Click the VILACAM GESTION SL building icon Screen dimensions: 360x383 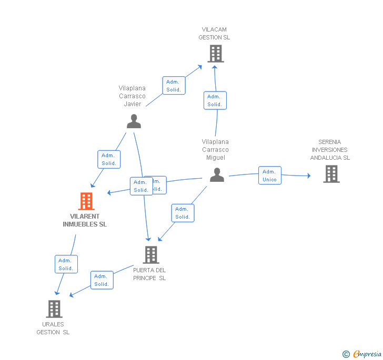click(x=215, y=54)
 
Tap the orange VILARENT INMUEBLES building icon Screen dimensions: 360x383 click(x=86, y=201)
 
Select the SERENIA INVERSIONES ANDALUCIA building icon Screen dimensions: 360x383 click(x=331, y=174)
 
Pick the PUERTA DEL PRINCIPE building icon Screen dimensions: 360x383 click(x=151, y=255)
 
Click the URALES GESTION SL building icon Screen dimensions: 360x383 click(x=54, y=309)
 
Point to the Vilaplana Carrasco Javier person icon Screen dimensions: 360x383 click(x=134, y=121)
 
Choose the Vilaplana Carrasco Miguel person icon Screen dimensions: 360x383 click(x=217, y=175)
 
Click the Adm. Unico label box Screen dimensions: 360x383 click(x=269, y=176)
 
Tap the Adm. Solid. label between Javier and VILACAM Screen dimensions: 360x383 click(x=174, y=86)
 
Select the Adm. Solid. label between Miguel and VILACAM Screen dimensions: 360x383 click(x=215, y=100)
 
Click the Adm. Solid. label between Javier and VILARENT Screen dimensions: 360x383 click(x=109, y=159)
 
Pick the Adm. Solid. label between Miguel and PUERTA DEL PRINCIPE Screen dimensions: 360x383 click(x=183, y=213)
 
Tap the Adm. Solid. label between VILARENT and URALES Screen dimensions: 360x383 click(x=66, y=264)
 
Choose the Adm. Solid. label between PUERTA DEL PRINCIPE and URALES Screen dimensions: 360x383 click(x=102, y=280)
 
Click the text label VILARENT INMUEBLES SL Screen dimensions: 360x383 click(x=85, y=220)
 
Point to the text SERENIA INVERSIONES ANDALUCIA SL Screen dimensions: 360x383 click(x=330, y=150)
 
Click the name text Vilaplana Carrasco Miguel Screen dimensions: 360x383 click(x=215, y=150)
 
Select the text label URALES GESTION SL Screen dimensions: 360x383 click(x=53, y=328)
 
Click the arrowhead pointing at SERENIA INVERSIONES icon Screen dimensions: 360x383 click(x=308, y=176)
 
